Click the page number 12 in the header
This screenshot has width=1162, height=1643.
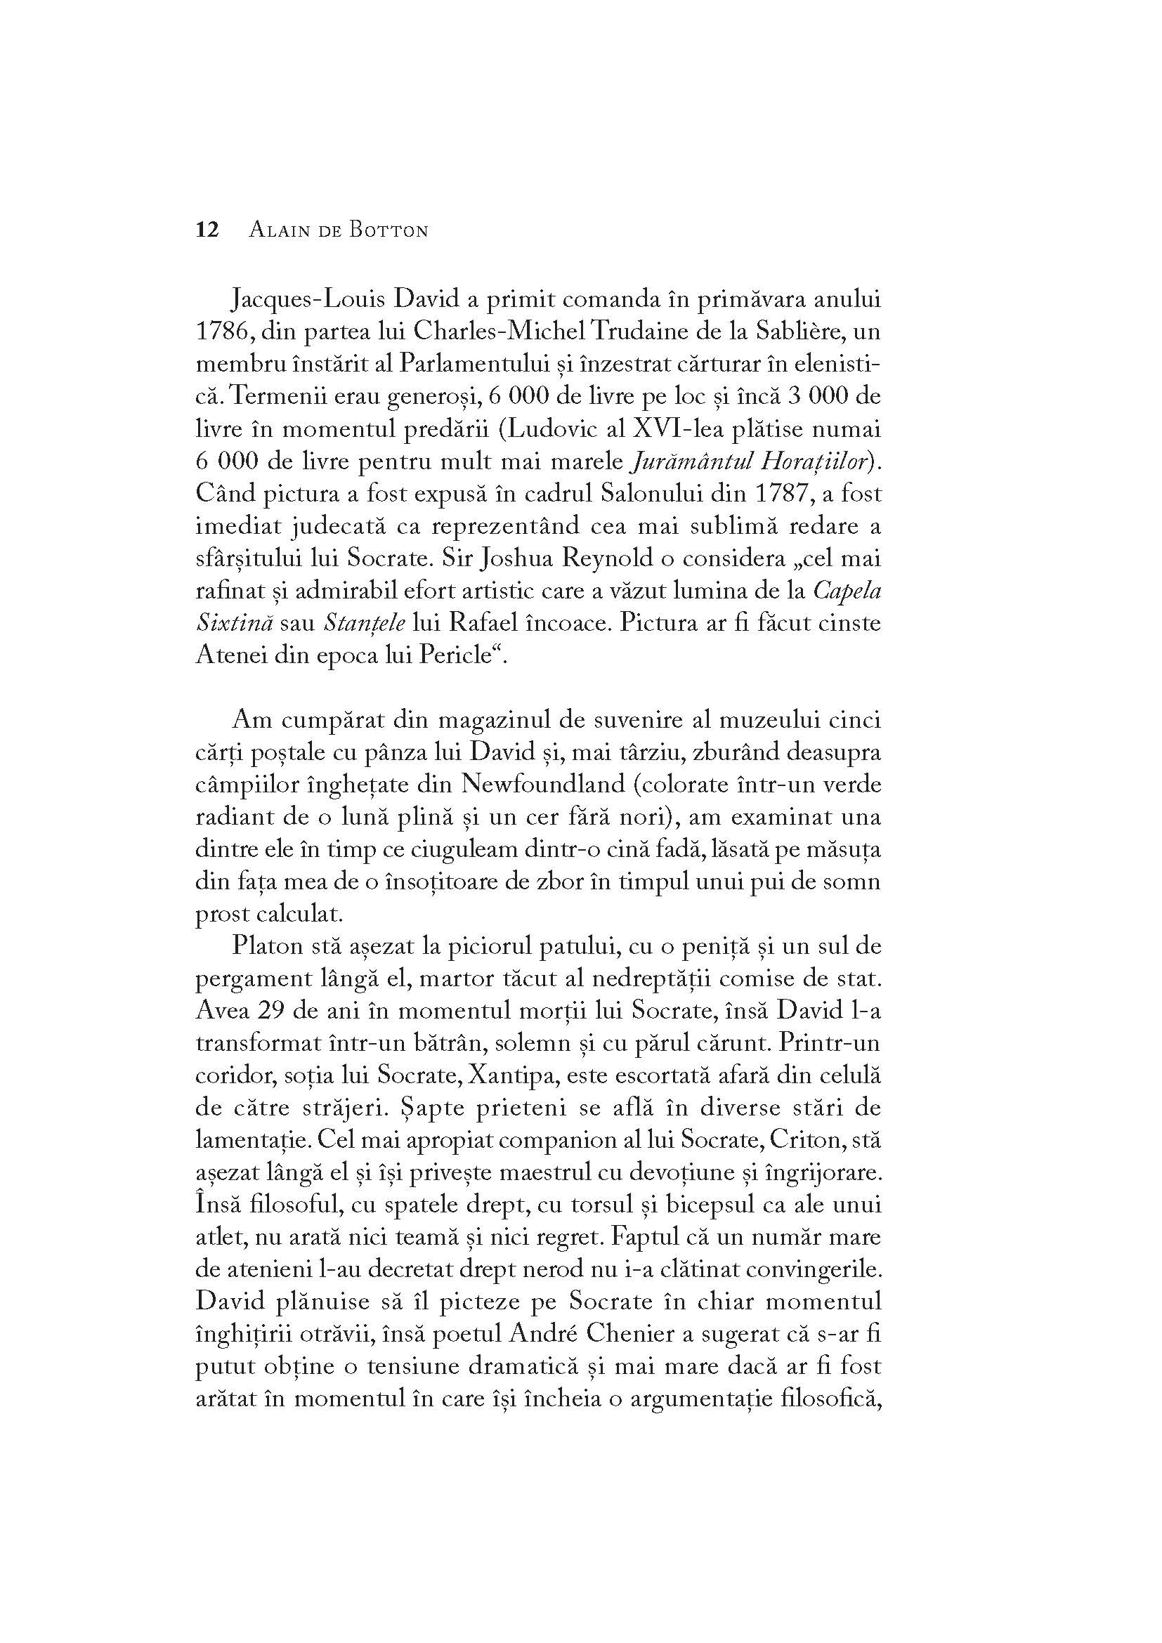[x=207, y=230]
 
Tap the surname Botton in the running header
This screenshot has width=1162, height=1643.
[x=388, y=230]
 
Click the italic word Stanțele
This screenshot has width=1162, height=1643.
[x=364, y=622]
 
